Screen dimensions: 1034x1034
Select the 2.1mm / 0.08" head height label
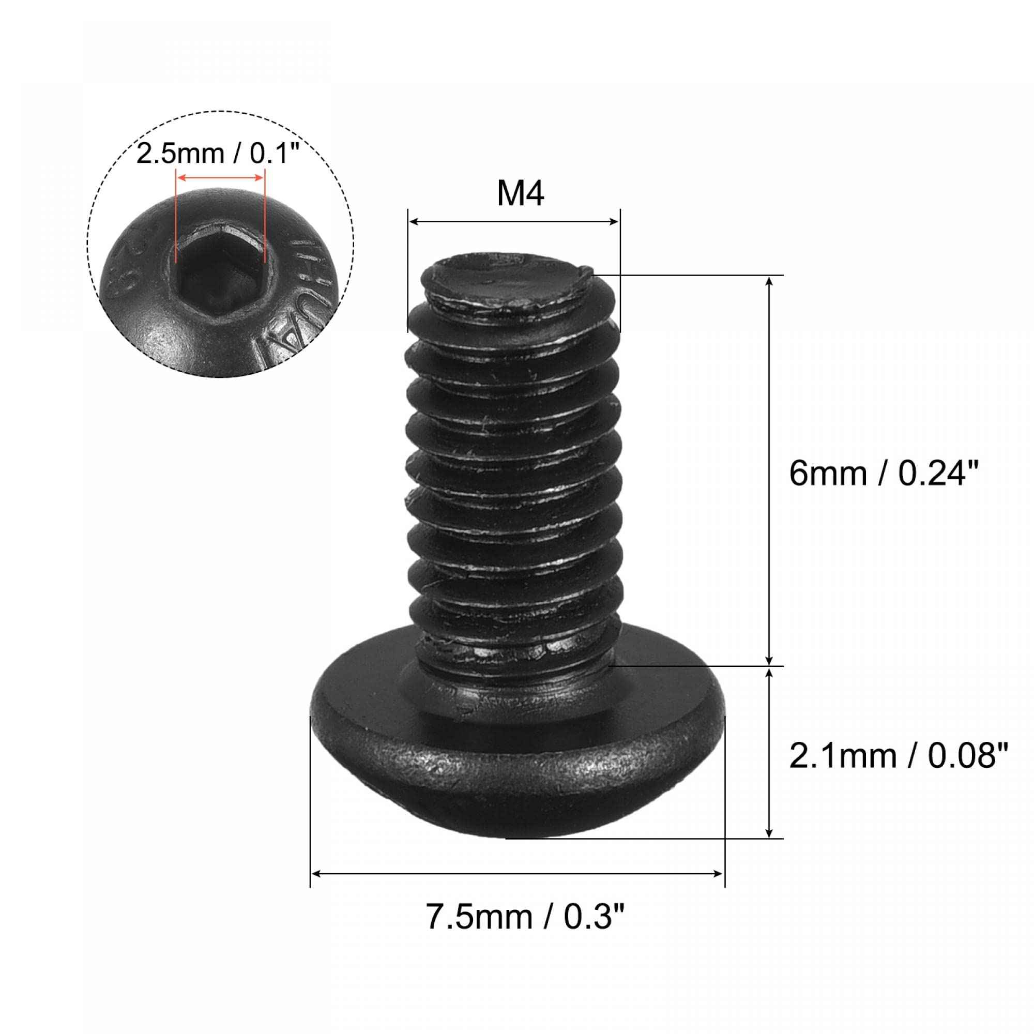[899, 757]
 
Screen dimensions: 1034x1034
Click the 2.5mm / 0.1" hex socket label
[217, 154]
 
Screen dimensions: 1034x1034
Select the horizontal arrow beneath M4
[514, 221]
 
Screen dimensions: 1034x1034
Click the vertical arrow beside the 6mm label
[769, 471]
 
